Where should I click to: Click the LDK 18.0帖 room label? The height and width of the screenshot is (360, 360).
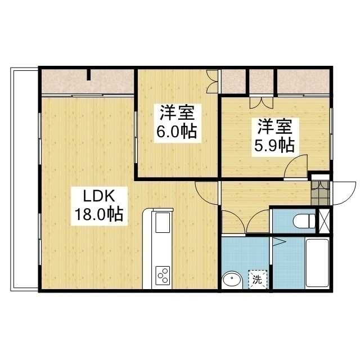click(x=99, y=206)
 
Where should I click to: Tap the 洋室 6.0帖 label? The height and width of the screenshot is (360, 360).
click(x=177, y=123)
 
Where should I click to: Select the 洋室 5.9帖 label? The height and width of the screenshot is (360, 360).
click(x=275, y=137)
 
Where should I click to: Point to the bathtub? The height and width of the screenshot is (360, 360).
click(x=317, y=263)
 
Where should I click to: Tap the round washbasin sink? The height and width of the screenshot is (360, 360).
click(x=232, y=280)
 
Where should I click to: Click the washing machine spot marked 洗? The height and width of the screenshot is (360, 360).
click(x=258, y=280)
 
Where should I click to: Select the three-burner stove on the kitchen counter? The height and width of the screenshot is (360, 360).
click(x=163, y=276)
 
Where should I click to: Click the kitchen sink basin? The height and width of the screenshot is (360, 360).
click(x=163, y=223)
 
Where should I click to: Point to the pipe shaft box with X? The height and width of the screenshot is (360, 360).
click(x=324, y=221)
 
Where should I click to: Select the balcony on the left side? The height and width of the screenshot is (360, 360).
click(x=25, y=179)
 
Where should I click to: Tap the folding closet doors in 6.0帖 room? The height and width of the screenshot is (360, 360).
click(x=211, y=82)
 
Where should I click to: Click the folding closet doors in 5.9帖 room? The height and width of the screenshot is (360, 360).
click(x=262, y=102)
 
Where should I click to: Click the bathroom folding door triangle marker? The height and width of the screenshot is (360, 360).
click(x=279, y=242)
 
